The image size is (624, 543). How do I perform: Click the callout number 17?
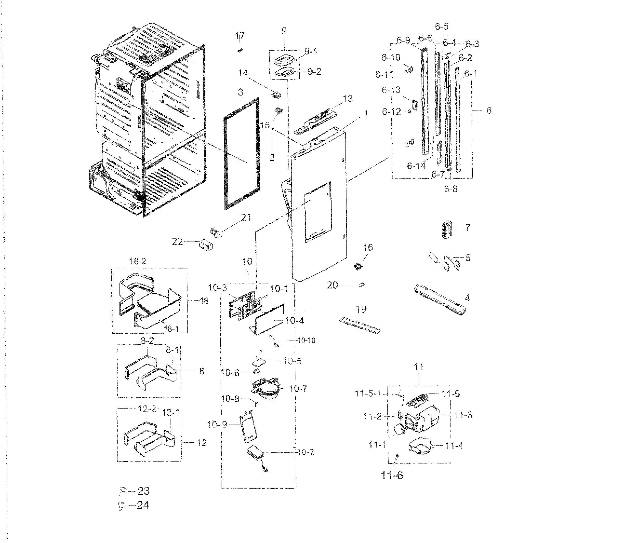pyautogui.click(x=240, y=36)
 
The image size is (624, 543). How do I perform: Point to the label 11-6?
pyautogui.click(x=392, y=475)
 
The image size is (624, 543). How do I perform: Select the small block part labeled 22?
pyautogui.click(x=206, y=245)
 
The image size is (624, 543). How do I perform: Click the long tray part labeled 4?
pyautogui.click(x=439, y=300)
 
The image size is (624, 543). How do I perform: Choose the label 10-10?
pyautogui.click(x=306, y=340)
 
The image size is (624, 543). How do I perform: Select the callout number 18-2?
pyautogui.click(x=137, y=261)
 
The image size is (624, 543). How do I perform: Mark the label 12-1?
pyautogui.click(x=171, y=412)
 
